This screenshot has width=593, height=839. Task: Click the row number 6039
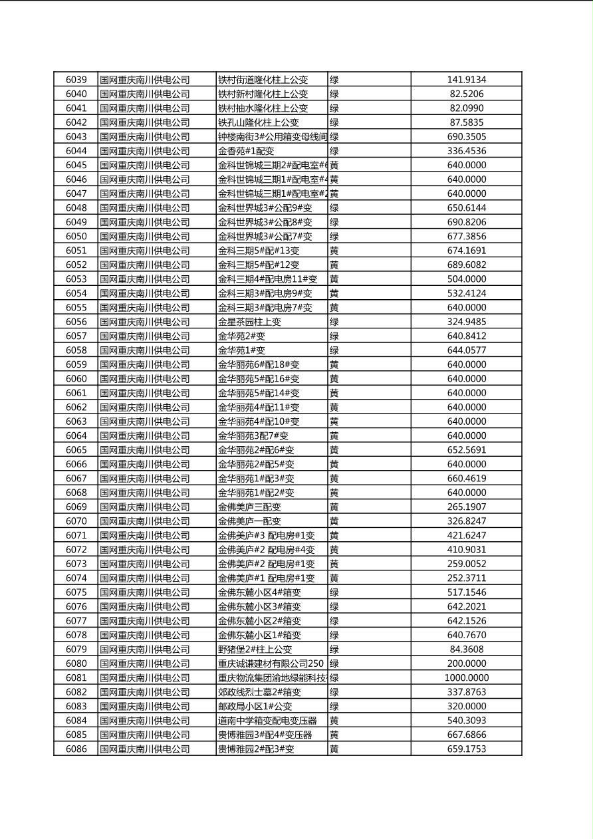(x=76, y=80)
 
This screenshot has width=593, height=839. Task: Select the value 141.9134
(x=466, y=80)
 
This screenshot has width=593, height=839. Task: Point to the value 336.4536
(x=466, y=151)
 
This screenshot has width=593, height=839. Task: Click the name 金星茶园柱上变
(x=249, y=322)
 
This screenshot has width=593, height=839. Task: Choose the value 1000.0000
(x=466, y=678)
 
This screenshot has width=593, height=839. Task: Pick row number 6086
(x=76, y=749)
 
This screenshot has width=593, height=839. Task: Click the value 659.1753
(x=466, y=749)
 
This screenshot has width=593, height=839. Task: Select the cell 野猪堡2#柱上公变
(x=255, y=650)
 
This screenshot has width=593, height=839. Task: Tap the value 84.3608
(x=466, y=650)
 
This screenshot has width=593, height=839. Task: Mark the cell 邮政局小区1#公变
(x=255, y=707)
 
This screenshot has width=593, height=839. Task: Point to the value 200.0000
(x=466, y=663)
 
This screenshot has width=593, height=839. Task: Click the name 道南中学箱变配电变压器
(x=267, y=721)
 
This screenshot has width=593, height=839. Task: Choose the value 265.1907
(x=466, y=507)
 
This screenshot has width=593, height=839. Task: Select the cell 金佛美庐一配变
(x=249, y=521)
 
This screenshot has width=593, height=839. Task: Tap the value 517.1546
(x=466, y=592)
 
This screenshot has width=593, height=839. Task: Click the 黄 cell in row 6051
(x=334, y=251)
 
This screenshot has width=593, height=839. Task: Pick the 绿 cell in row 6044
(x=334, y=151)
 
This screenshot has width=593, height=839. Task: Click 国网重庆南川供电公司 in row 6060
(x=145, y=379)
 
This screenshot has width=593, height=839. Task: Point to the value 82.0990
(x=466, y=108)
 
